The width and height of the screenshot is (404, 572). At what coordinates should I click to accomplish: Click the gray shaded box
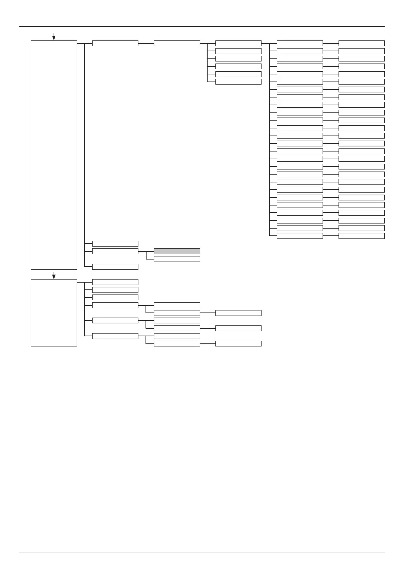(177, 251)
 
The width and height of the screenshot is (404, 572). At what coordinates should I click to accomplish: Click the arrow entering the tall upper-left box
(54, 37)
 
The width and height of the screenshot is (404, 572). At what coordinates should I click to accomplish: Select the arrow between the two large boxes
(54, 275)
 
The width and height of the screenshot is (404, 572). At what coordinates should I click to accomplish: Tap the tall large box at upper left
(54, 155)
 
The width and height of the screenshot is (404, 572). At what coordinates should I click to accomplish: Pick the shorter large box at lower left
(54, 312)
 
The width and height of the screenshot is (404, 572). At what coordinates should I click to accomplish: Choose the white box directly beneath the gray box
(177, 259)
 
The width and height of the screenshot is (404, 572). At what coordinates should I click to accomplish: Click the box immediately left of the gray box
(115, 251)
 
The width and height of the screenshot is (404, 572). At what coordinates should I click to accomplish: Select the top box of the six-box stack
(238, 43)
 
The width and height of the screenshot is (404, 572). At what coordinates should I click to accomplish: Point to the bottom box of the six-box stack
(238, 82)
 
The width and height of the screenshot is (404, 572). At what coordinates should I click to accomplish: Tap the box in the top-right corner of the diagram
(361, 43)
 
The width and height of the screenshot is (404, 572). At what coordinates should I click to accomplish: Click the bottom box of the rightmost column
(361, 236)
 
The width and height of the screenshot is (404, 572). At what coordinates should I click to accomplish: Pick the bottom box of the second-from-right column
(300, 236)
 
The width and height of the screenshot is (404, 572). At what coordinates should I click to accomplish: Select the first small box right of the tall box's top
(115, 43)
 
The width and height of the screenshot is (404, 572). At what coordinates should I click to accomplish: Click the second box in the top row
(177, 43)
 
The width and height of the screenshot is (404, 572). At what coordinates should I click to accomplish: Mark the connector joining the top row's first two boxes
(146, 43)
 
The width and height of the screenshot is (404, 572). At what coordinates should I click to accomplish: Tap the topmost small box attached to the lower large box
(115, 282)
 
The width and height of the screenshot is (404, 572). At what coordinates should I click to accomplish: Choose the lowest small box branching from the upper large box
(115, 267)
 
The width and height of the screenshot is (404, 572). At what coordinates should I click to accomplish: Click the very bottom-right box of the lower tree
(238, 343)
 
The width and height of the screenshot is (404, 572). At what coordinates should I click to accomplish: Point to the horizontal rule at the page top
(202, 26)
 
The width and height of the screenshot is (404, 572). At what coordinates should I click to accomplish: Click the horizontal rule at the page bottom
(202, 553)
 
